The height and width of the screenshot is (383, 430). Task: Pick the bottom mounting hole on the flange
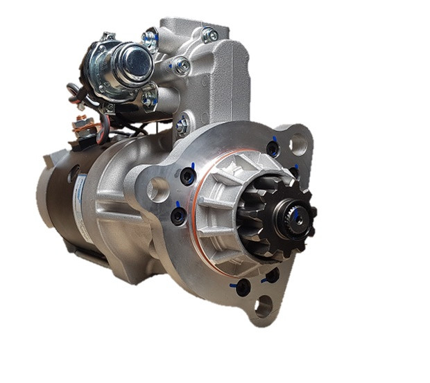click(x=264, y=305)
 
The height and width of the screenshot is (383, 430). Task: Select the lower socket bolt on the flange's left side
click(x=179, y=216)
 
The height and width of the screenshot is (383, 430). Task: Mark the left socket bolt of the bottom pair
click(x=242, y=286)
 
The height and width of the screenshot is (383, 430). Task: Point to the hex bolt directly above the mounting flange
click(x=183, y=127)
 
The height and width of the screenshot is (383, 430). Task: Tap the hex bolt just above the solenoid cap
click(x=150, y=38)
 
